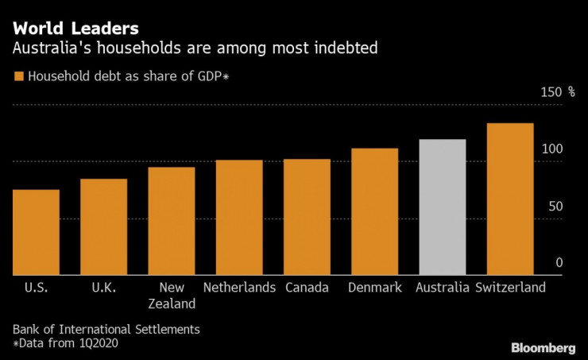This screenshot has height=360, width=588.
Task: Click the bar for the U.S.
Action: [x=36, y=232]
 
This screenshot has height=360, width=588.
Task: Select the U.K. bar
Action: [x=103, y=226]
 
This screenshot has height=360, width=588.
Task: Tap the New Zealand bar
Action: [x=172, y=221]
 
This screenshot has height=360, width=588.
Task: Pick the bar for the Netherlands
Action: [x=239, y=217]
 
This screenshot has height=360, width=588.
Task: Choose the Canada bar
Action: [x=307, y=217]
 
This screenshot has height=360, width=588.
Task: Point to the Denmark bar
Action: [x=374, y=211]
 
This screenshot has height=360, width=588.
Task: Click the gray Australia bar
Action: [x=443, y=207]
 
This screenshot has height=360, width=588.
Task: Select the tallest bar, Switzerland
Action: [x=510, y=199]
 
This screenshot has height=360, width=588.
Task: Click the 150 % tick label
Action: [x=558, y=92]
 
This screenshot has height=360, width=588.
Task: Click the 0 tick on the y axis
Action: [x=559, y=262]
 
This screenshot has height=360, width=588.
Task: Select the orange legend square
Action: [x=18, y=77]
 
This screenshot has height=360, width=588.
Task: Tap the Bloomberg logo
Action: [x=544, y=348]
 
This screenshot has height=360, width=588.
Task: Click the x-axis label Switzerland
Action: [x=510, y=287]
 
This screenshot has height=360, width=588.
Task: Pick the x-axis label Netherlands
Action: [x=239, y=287]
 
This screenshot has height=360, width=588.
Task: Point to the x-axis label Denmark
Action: [x=374, y=287]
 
